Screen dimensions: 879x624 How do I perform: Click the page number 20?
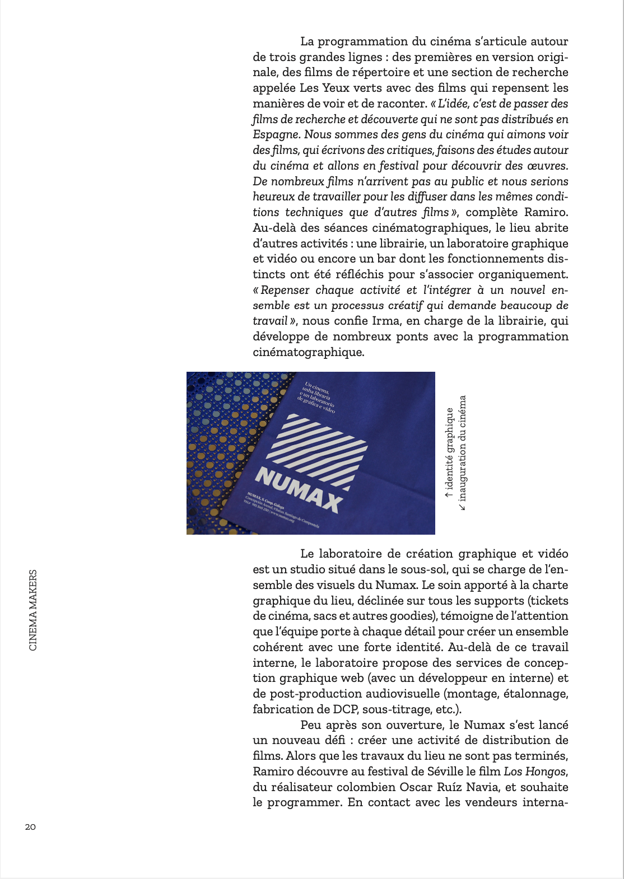(x=30, y=827)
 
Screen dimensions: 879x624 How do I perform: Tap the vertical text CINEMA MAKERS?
(x=33, y=610)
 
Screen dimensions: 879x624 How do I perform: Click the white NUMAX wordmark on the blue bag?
(x=299, y=491)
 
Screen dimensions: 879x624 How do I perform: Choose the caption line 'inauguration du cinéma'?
(x=462, y=452)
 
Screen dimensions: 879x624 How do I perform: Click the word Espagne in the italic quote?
(x=275, y=135)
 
